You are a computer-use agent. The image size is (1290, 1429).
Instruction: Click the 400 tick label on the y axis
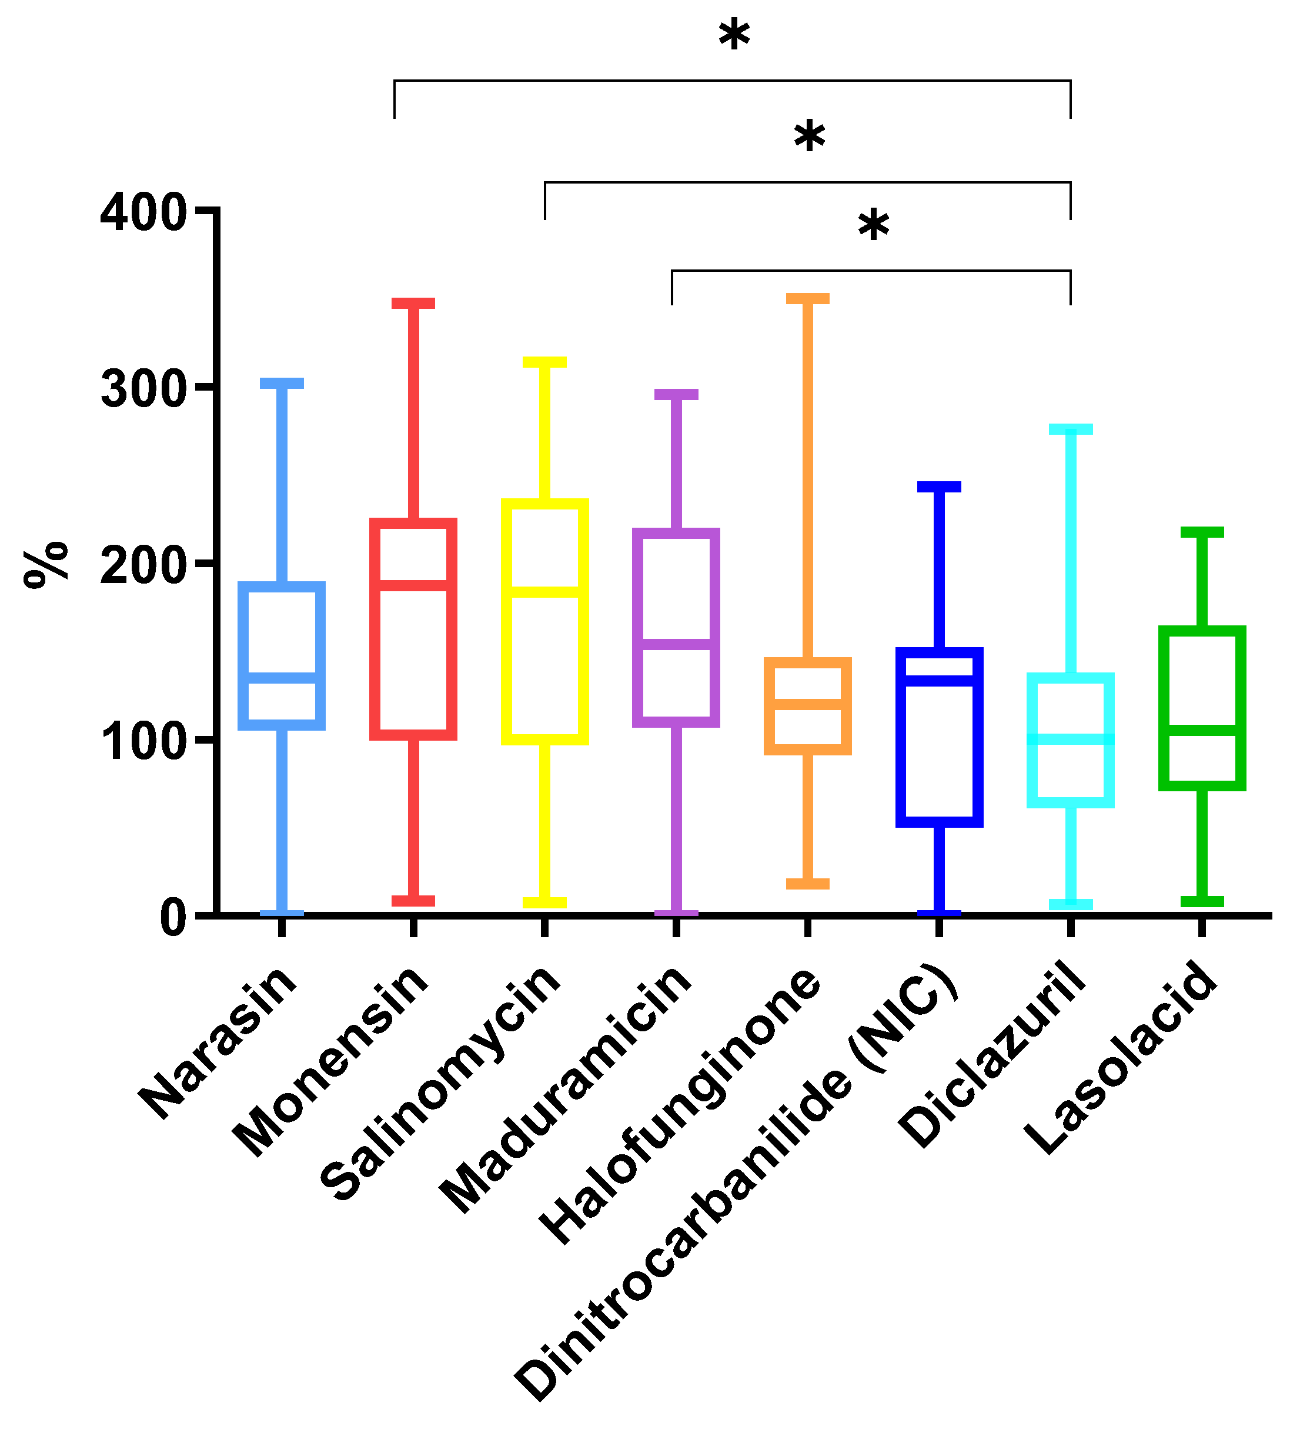point(143,212)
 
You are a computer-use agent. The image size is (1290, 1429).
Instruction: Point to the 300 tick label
point(143,389)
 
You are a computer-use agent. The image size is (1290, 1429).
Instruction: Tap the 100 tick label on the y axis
point(143,742)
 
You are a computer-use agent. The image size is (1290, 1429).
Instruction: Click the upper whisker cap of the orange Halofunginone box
point(807,298)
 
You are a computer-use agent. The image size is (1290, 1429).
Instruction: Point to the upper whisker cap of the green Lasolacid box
point(1201,532)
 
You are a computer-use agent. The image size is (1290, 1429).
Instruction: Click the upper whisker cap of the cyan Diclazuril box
point(1071,429)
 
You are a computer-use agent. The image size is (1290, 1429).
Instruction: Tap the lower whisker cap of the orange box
point(807,884)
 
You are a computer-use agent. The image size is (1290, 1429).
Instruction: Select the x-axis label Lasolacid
point(1123,1056)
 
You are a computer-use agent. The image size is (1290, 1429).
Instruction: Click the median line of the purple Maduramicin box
point(676,644)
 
